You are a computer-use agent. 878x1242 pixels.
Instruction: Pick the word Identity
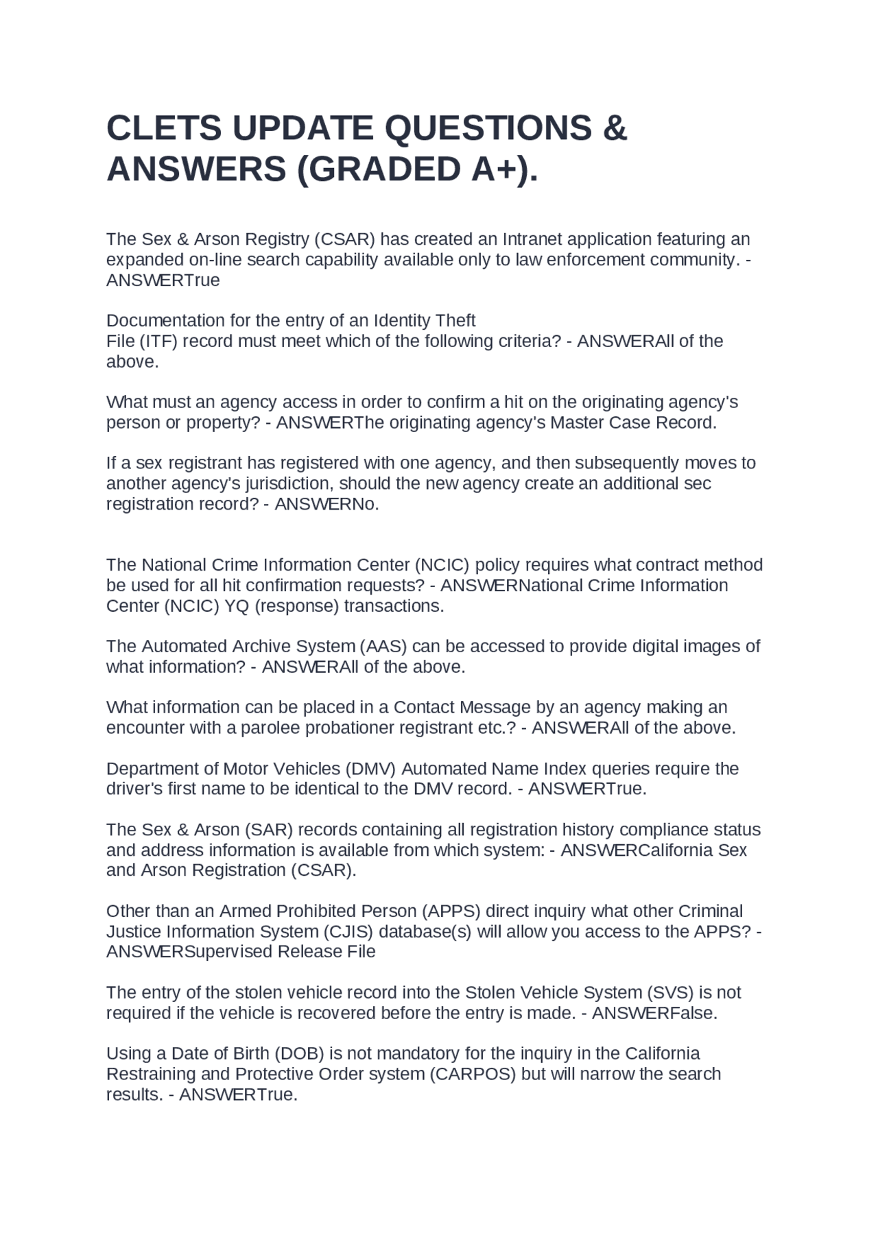coord(402,320)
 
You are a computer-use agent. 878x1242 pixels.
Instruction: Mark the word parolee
coord(270,728)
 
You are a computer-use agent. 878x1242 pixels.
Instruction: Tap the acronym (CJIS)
coord(346,932)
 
